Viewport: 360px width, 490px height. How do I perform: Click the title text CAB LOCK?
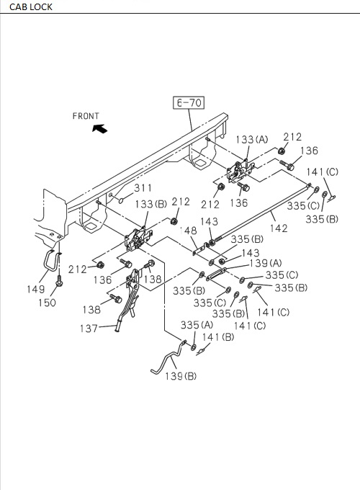tap(26, 7)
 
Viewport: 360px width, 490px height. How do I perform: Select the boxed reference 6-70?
tap(189, 103)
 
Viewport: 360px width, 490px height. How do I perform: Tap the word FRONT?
tap(86, 115)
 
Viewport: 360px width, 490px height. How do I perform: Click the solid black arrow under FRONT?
tap(98, 128)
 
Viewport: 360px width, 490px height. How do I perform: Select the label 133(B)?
tap(149, 204)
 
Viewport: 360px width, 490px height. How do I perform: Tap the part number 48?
tap(190, 231)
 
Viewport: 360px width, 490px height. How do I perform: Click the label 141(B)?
tap(218, 337)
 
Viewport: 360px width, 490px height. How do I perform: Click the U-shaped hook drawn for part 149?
tap(51, 260)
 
